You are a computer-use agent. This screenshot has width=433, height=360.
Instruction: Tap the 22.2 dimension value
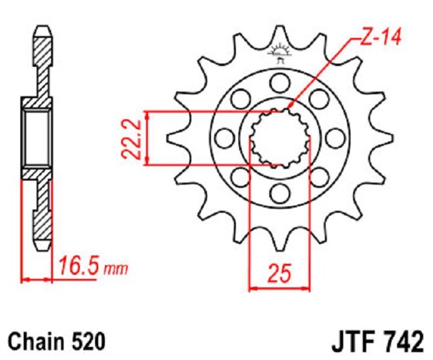[x=132, y=138]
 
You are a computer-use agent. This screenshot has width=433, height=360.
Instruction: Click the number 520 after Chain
[x=85, y=341]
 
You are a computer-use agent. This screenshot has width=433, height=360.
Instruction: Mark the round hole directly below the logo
[x=280, y=82]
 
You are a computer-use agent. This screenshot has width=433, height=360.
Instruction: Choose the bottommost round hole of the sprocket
[x=280, y=192]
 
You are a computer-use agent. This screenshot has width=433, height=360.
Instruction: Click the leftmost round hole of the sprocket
[x=225, y=137]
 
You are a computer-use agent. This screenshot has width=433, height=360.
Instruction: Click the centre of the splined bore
[x=280, y=137]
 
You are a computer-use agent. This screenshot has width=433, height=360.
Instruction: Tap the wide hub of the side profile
[x=37, y=138]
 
